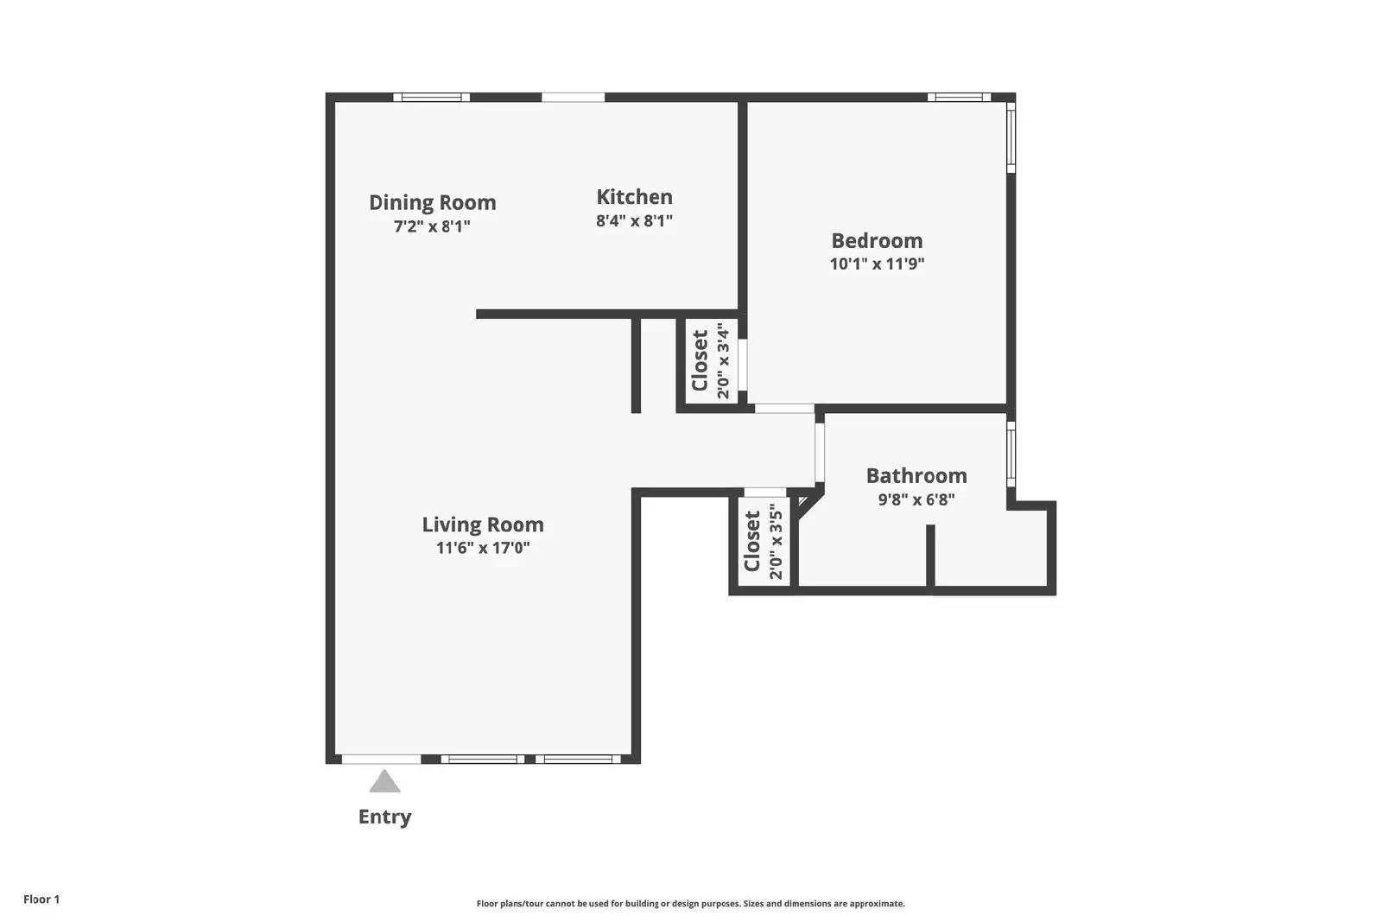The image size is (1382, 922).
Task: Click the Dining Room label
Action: [x=433, y=202]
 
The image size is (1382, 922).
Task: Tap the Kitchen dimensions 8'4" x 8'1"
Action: [x=634, y=221]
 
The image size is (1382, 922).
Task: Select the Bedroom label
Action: [x=877, y=241]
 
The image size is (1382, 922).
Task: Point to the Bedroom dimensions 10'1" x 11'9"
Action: [x=877, y=264]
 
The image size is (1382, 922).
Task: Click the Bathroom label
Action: [x=916, y=476]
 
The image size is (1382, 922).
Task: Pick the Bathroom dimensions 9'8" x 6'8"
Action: [x=916, y=499]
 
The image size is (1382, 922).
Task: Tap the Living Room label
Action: [x=483, y=525]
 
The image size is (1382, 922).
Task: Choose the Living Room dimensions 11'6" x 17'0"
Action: [x=483, y=548]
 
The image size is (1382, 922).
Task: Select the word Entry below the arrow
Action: [x=384, y=817]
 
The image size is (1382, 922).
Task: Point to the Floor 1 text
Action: [x=41, y=900]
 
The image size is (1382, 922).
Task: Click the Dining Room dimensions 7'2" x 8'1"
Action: [x=432, y=226]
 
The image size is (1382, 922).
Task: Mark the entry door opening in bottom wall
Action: [x=382, y=759]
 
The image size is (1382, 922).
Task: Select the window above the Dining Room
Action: [x=431, y=98]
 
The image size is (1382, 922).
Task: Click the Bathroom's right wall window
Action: [x=1011, y=455]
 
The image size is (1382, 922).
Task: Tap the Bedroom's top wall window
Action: [x=959, y=98]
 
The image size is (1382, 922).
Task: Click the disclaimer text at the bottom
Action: [x=690, y=904]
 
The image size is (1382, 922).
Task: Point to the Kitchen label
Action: [x=634, y=197]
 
